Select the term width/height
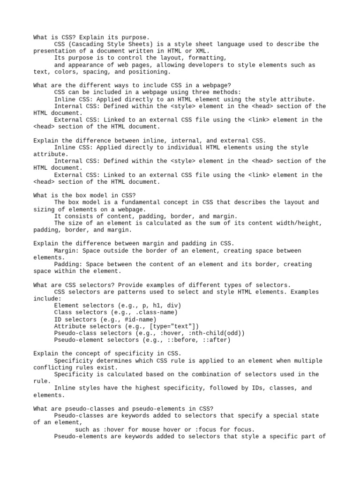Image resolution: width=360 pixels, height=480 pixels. [x=300, y=223]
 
